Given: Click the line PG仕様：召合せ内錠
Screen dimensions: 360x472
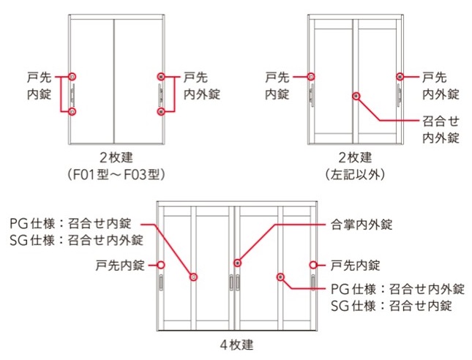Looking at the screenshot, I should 72,225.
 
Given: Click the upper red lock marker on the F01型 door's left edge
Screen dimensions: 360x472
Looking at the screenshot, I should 72,75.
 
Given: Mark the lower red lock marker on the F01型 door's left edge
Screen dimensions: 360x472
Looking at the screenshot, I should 72,111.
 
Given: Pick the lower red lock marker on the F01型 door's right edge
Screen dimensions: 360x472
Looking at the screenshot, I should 160,111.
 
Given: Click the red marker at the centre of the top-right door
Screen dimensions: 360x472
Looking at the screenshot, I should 356,95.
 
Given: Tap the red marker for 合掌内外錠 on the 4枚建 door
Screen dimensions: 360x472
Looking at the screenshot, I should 238,263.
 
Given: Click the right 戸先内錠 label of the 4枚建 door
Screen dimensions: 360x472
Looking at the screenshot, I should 355,264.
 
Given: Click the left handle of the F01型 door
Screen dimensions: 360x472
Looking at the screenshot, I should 73,94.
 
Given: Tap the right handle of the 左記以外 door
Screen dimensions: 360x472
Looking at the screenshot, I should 399,94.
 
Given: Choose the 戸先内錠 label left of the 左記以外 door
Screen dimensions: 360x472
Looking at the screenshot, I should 277,85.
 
